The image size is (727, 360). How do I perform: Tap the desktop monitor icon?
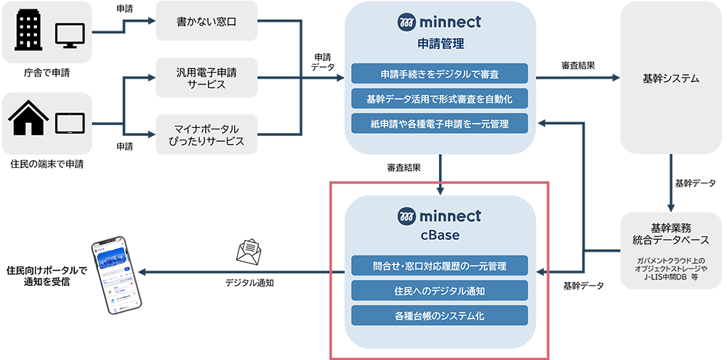pos(70,34)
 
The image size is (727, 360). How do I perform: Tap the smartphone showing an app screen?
pos(116,279)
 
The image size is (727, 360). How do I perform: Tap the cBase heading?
pos(439,236)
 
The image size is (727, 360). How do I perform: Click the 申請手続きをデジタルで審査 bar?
pos(439,73)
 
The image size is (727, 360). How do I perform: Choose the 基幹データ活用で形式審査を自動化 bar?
pos(439,98)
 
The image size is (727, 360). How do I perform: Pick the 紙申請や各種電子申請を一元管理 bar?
pos(439,123)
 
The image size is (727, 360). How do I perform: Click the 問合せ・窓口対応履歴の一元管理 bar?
pos(439,265)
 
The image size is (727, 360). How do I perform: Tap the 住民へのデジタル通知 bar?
pos(439,290)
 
